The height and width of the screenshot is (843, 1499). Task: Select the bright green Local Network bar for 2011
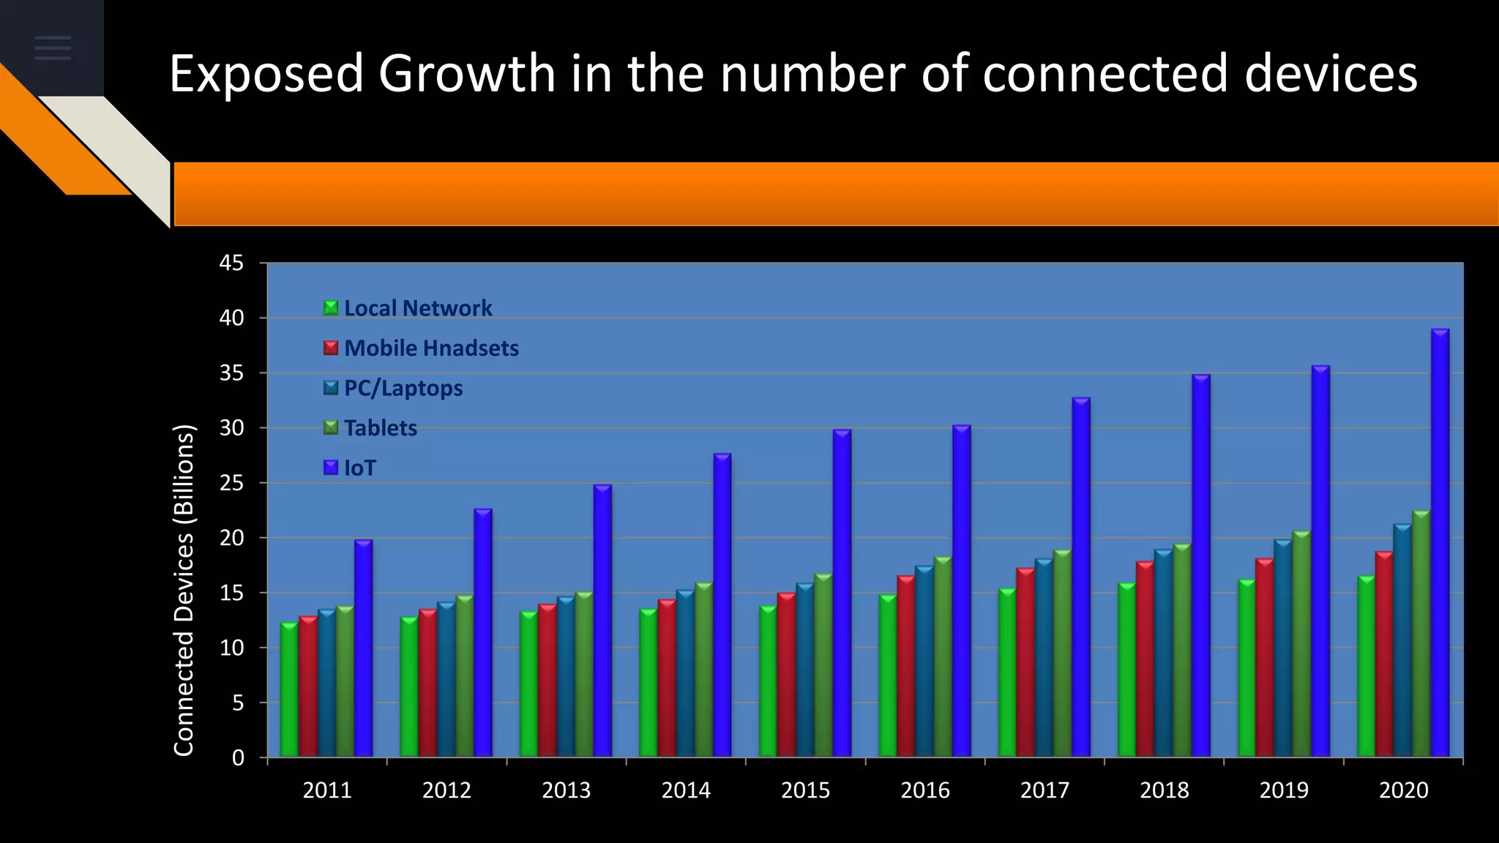pyautogui.click(x=289, y=689)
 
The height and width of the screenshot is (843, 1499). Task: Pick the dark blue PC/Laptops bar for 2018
pyautogui.click(x=1164, y=653)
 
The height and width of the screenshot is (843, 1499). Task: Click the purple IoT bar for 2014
pyautogui.click(x=722, y=605)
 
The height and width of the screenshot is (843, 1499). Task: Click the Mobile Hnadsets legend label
pyautogui.click(x=431, y=348)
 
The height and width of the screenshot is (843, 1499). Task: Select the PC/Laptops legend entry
pyautogui.click(x=403, y=388)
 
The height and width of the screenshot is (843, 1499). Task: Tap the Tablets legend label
pyautogui.click(x=381, y=428)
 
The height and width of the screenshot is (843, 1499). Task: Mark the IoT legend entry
pyautogui.click(x=359, y=468)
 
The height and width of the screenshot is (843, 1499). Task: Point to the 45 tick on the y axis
pyautogui.click(x=232, y=263)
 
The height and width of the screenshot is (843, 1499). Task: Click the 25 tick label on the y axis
pyautogui.click(x=232, y=483)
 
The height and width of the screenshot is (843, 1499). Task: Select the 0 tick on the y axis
pyautogui.click(x=238, y=758)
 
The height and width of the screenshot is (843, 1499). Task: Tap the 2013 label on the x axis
pyautogui.click(x=566, y=790)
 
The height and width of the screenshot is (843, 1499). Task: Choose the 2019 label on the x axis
pyautogui.click(x=1284, y=790)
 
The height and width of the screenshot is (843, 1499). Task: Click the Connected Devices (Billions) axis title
pyautogui.click(x=184, y=590)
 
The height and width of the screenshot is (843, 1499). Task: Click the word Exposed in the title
pyautogui.click(x=266, y=74)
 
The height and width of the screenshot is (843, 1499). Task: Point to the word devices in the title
pyautogui.click(x=1331, y=74)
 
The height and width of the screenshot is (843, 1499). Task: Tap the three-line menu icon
pyautogui.click(x=53, y=48)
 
